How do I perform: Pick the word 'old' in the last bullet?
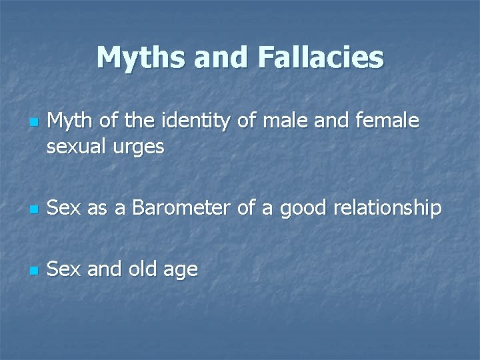click(x=138, y=269)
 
